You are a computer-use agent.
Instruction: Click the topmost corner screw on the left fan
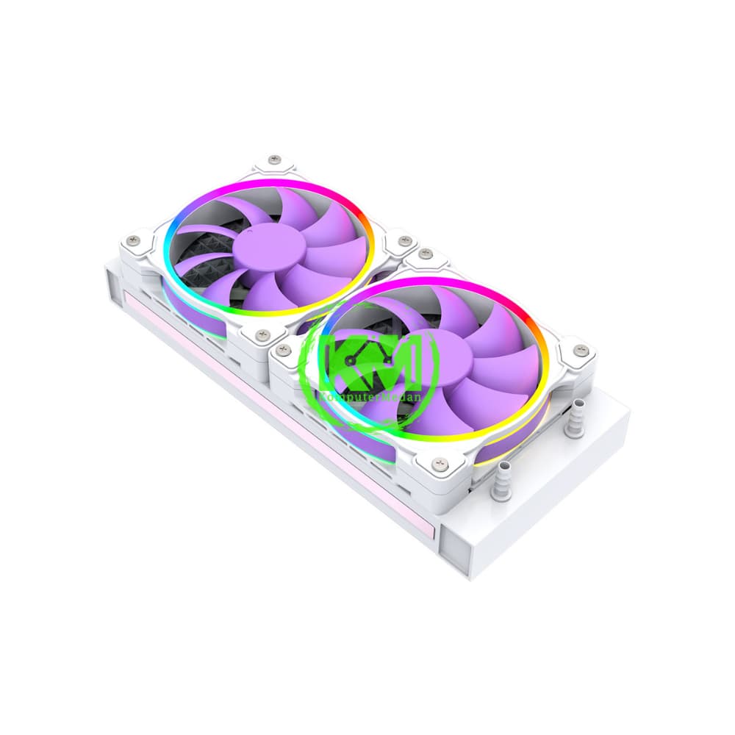tap(275, 159)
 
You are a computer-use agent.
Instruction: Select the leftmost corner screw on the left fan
tap(133, 240)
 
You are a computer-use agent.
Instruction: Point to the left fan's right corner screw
tap(403, 240)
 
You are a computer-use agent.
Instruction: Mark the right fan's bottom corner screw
tap(439, 462)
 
